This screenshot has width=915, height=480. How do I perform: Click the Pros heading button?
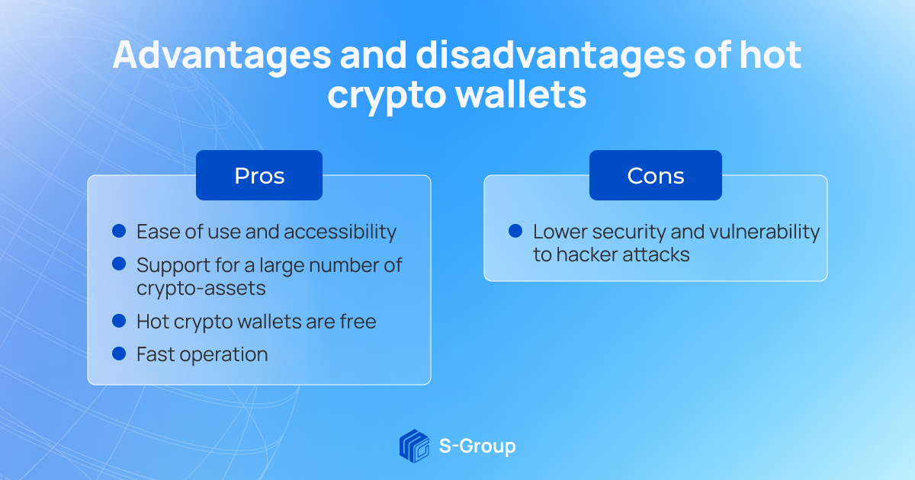(x=259, y=175)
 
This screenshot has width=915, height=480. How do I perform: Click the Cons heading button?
(x=655, y=175)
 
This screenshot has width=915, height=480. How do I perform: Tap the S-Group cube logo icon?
(x=414, y=446)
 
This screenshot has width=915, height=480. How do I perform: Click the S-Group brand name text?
(x=477, y=446)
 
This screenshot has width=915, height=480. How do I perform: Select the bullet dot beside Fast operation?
(x=119, y=354)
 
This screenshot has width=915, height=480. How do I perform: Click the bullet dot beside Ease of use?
(x=119, y=231)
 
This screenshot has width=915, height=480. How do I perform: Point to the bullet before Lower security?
(x=515, y=231)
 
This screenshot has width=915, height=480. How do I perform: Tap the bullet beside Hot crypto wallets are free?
(x=119, y=321)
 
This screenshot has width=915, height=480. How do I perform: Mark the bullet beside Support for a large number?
(x=119, y=264)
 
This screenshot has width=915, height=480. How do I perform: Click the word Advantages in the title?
(x=222, y=56)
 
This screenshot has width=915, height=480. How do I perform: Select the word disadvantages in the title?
(x=551, y=56)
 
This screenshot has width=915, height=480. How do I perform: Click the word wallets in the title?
(x=521, y=94)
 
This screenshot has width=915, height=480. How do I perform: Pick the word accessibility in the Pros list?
(x=340, y=232)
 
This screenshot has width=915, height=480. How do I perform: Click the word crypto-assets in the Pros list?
(x=201, y=289)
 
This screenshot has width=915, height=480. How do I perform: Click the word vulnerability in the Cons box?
(x=764, y=232)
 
